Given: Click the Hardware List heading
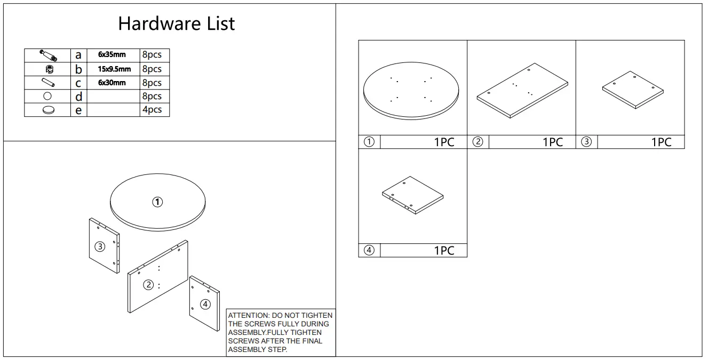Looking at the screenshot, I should click(176, 23).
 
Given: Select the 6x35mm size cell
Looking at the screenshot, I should click(112, 55).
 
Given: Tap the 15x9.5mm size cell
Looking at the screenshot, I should click(114, 69).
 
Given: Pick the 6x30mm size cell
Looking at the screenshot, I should click(112, 83).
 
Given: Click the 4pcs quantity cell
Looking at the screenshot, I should click(152, 110).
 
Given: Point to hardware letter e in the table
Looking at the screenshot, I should click(78, 110).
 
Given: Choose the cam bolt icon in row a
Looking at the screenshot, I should click(48, 55).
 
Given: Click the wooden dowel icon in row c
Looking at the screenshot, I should click(48, 83).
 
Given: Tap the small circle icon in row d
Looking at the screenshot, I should click(47, 97).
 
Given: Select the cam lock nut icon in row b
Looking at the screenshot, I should click(49, 69).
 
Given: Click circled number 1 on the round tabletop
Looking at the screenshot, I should click(157, 202).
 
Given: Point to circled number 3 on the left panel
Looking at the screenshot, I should click(100, 246).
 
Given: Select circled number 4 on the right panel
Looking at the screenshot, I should click(205, 305).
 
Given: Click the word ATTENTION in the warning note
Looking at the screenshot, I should click(248, 315).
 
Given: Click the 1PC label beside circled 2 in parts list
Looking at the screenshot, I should click(553, 142).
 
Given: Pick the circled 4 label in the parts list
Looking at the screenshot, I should click(369, 250).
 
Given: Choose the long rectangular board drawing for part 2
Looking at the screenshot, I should click(522, 90).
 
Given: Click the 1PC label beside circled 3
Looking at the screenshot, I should click(661, 142).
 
